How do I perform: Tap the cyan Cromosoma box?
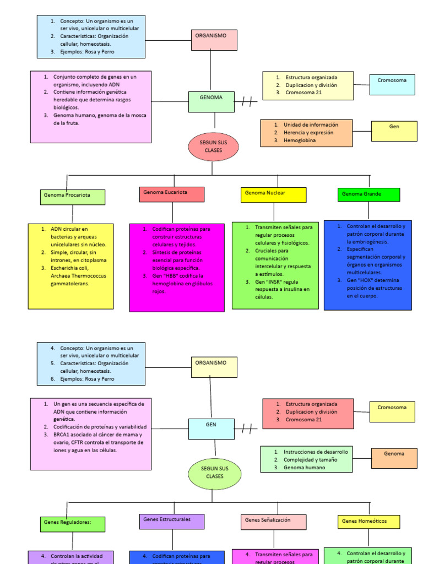[x=392, y=84]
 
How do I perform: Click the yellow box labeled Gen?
[x=394, y=131]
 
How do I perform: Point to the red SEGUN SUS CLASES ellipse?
[x=213, y=147]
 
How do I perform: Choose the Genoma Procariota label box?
[x=72, y=197]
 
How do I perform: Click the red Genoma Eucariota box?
[x=172, y=194]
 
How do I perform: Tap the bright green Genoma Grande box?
[x=368, y=194]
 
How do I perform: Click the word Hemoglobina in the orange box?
[x=300, y=140]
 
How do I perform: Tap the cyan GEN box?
[x=211, y=429]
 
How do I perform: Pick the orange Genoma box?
[x=394, y=458]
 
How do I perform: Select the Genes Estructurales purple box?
[x=171, y=522]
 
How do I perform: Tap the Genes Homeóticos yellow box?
[x=368, y=522]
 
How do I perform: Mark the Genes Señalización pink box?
[x=273, y=522]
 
